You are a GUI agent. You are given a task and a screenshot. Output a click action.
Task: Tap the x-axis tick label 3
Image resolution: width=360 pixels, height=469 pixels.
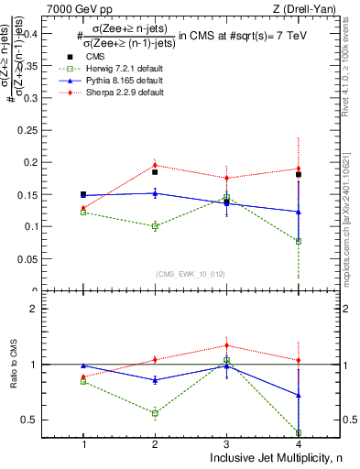click(226, 443)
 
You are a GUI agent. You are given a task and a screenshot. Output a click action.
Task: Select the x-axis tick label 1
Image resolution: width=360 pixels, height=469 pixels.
click(83, 443)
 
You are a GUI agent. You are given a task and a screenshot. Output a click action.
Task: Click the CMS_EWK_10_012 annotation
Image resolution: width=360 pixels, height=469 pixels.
click(191, 274)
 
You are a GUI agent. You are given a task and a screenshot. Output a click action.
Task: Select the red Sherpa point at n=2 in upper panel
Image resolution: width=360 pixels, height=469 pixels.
click(155, 165)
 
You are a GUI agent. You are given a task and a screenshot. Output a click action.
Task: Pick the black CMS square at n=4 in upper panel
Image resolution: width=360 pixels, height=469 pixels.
click(299, 174)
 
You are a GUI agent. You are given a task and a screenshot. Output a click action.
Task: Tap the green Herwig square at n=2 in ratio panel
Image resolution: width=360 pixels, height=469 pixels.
click(155, 413)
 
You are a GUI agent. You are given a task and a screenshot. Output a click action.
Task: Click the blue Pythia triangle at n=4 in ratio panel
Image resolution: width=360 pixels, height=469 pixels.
click(299, 396)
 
